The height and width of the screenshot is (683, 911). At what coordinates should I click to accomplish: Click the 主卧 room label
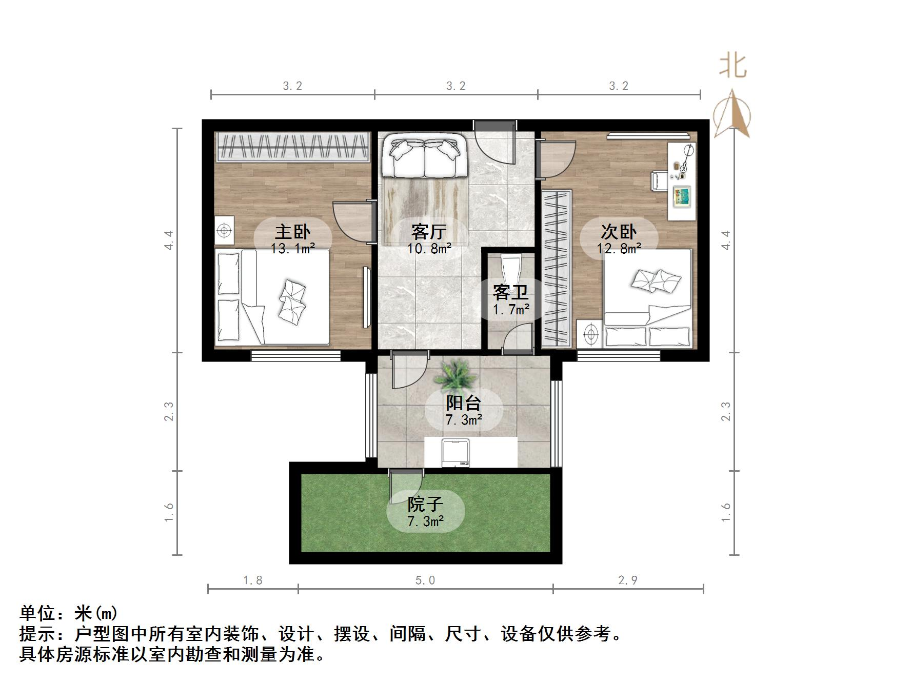[292, 232]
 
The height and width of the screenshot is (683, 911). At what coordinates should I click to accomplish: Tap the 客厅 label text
[429, 232]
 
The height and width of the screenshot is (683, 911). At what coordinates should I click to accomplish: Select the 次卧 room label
[619, 232]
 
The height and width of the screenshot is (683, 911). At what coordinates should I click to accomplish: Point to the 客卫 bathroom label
[510, 292]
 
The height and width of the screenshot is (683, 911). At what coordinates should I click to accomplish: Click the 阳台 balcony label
[463, 403]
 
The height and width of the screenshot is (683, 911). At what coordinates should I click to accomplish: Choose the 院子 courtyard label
[425, 505]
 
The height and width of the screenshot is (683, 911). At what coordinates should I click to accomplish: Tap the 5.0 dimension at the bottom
[425, 580]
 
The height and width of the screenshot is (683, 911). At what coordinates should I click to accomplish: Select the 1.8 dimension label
[252, 580]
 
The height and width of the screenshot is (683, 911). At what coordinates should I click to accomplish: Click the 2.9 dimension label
[627, 580]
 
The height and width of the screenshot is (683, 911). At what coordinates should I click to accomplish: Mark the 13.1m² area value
[292, 249]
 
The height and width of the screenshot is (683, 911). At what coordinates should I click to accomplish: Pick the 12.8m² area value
[619, 249]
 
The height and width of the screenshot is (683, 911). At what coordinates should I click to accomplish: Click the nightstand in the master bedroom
[224, 231]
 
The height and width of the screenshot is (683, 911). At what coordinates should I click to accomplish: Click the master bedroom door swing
[351, 220]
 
